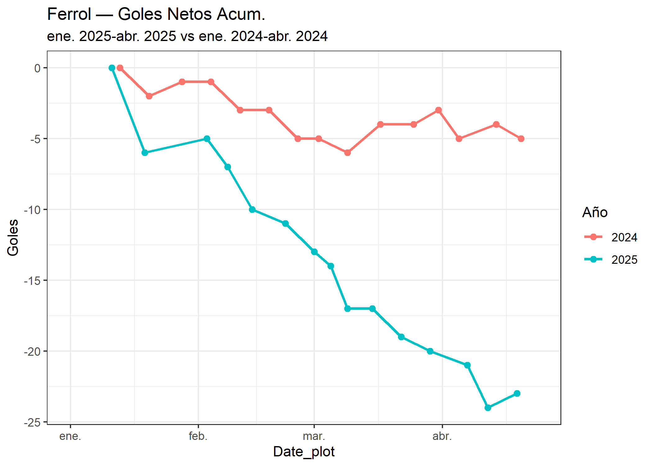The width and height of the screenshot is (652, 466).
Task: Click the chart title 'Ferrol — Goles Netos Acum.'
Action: pyautogui.click(x=156, y=14)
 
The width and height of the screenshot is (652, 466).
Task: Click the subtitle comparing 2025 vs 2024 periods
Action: pyautogui.click(x=187, y=36)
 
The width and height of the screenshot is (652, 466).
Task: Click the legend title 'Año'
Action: pyautogui.click(x=595, y=212)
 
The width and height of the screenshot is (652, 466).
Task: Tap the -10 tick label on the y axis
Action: pyautogui.click(x=32, y=210)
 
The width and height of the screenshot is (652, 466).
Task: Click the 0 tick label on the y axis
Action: pyautogui.click(x=37, y=68)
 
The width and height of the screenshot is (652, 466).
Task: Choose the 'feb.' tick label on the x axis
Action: pyautogui.click(x=198, y=436)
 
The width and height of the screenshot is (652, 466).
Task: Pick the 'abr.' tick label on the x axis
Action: pyautogui.click(x=442, y=436)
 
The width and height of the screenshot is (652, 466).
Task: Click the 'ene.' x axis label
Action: pyautogui.click(x=70, y=436)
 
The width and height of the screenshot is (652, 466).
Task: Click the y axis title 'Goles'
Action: pyautogui.click(x=13, y=238)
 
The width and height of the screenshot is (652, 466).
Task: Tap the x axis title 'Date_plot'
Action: pyautogui.click(x=304, y=452)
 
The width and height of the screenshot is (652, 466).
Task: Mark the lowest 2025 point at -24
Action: pyautogui.click(x=488, y=408)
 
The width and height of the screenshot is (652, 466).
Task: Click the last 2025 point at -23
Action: pyautogui.click(x=517, y=394)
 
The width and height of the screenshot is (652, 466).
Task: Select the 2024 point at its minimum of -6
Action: pyautogui.click(x=347, y=153)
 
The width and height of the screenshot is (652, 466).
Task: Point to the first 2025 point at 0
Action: pyautogui.click(x=112, y=68)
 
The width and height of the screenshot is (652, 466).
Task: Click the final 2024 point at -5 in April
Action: pyautogui.click(x=521, y=139)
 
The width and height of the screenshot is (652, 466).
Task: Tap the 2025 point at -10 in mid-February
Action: pyautogui.click(x=252, y=209)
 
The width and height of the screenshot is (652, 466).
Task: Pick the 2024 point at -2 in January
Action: pyautogui.click(x=149, y=96)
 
